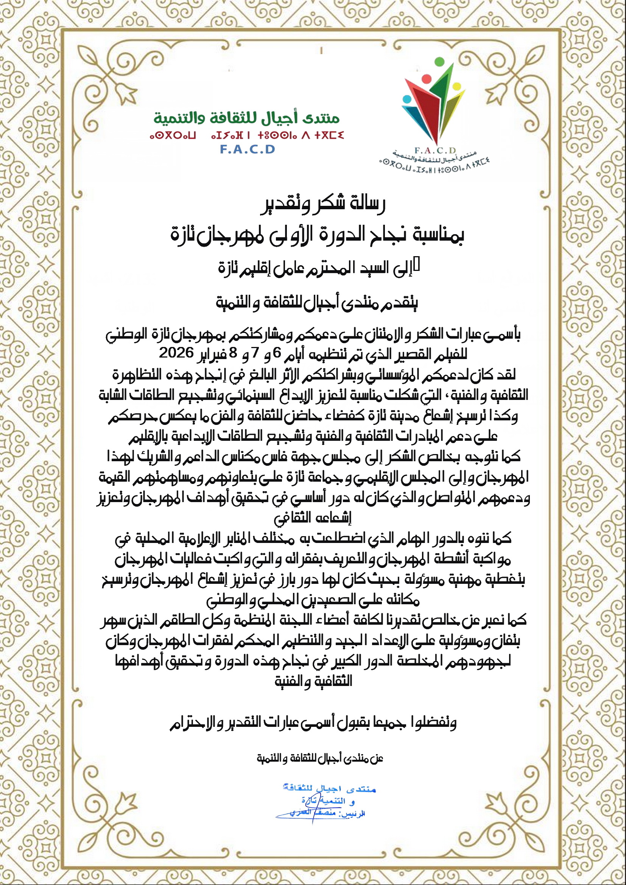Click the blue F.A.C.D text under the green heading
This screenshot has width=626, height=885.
248,149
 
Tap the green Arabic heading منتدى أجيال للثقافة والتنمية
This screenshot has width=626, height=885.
246,118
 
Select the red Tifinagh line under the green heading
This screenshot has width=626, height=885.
246,135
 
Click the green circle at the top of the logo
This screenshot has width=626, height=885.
439,61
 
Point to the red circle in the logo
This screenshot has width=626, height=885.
427,79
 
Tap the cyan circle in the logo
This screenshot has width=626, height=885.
406,100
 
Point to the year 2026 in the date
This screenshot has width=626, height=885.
176,353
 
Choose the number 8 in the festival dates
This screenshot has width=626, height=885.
233,353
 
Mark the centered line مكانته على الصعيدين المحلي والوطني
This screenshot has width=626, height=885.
313,600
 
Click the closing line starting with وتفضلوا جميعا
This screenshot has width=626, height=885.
313,723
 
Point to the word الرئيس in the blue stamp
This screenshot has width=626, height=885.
355,814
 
